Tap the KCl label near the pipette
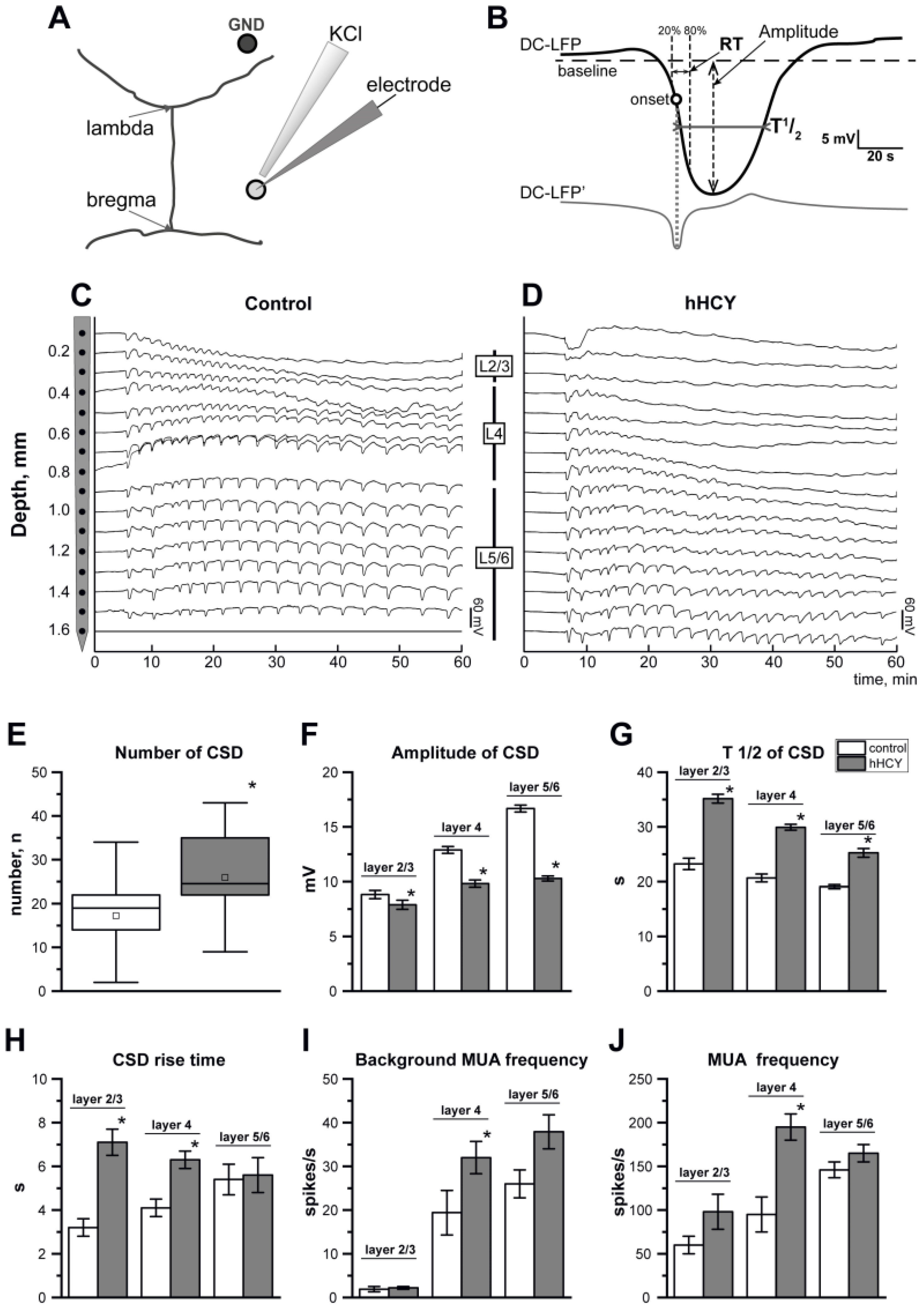click(x=345, y=34)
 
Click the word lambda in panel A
click(x=120, y=128)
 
